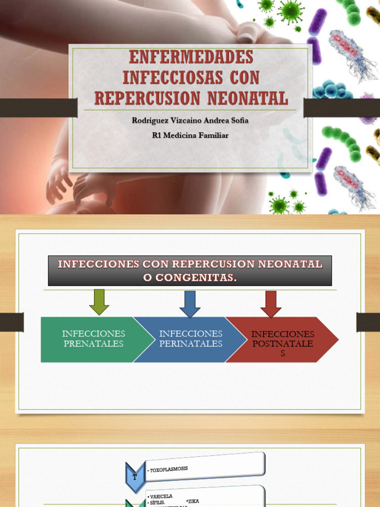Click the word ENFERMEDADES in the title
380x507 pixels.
pyautogui.click(x=190, y=57)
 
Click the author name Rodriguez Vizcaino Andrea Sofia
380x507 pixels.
pyautogui.click(x=190, y=121)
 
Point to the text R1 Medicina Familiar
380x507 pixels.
pyautogui.click(x=190, y=135)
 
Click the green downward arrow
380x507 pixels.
pyautogui.click(x=99, y=302)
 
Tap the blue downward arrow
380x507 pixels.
pyautogui.click(x=190, y=304)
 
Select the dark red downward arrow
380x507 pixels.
pyautogui.click(x=271, y=304)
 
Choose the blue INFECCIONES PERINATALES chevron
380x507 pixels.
pyautogui.click(x=190, y=339)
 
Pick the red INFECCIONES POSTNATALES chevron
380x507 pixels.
pyautogui.click(x=282, y=340)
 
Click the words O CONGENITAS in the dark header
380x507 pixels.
pyautogui.click(x=190, y=278)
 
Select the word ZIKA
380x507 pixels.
pyautogui.click(x=192, y=501)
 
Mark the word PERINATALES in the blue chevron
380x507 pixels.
pyautogui.click(x=190, y=344)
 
